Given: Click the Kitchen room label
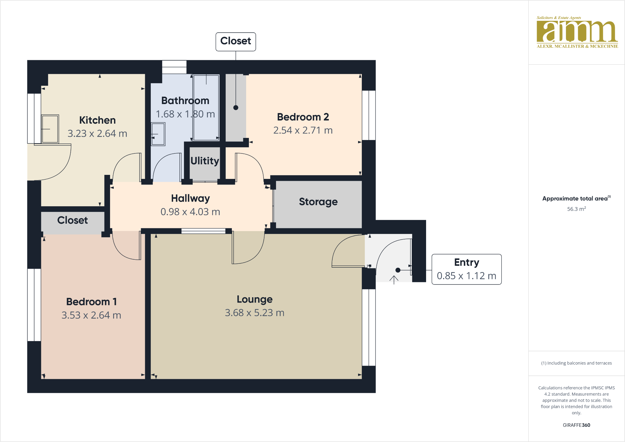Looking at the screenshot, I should click(x=97, y=120).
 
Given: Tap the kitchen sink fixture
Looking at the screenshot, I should click(x=50, y=129).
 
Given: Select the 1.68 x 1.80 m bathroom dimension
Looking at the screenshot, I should click(x=185, y=114).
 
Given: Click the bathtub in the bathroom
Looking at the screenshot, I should click(x=206, y=107).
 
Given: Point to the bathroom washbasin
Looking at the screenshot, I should click(x=158, y=134).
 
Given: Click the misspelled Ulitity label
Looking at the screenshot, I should click(x=205, y=161).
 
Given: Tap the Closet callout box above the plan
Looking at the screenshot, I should click(x=236, y=41).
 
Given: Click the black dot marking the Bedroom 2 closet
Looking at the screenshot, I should click(x=236, y=108).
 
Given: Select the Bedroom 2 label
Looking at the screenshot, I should click(x=303, y=117).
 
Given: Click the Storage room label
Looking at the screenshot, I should click(x=318, y=202).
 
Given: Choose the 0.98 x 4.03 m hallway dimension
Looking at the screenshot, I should click(x=190, y=212).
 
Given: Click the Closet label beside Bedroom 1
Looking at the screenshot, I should click(x=72, y=220).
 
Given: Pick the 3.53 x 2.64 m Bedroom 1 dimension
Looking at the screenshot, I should click(x=91, y=315).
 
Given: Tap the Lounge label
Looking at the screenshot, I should click(x=255, y=299).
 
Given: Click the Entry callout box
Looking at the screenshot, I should click(x=466, y=269).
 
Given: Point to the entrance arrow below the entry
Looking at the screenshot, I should click(x=394, y=280).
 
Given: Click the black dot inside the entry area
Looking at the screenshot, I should click(x=398, y=270).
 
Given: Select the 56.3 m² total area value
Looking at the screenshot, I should click(x=576, y=209).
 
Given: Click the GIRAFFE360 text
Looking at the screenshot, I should click(x=576, y=425).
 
